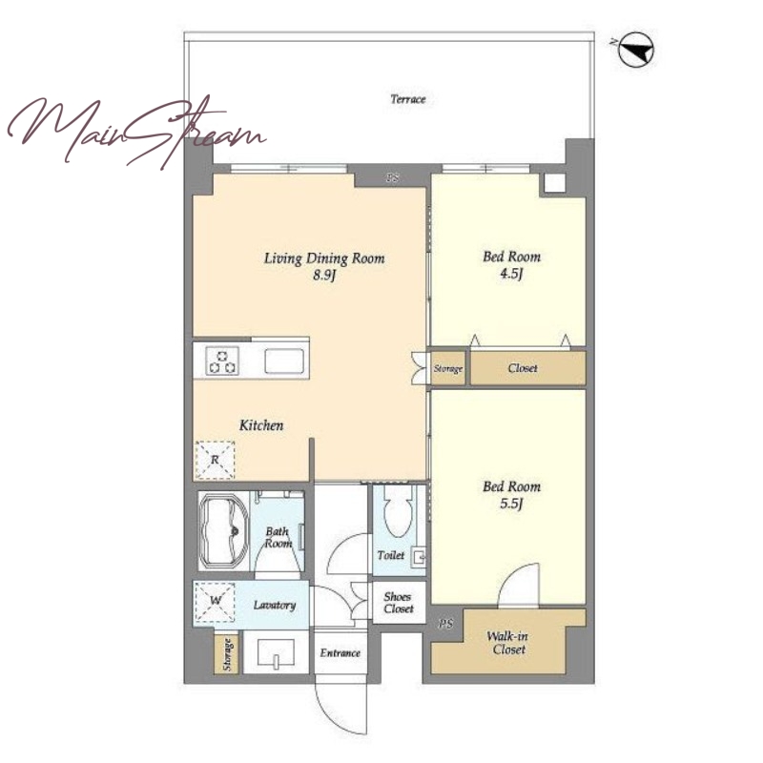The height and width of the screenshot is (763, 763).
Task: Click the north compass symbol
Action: [636, 50]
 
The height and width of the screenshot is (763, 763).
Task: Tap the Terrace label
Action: [408, 99]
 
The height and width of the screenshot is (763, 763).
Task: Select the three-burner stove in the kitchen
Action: [223, 361]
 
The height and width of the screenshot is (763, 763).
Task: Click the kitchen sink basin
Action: [284, 361]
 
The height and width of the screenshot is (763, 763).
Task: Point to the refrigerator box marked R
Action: [215, 460]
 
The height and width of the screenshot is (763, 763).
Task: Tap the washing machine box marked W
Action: [215, 602]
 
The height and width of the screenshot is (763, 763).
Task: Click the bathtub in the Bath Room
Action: [225, 531]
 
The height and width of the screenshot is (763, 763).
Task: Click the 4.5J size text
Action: [511, 274]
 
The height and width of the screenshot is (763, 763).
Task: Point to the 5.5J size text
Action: [511, 504]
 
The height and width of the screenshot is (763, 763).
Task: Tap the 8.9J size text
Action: [324, 276]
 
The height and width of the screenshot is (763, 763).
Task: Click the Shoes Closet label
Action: [399, 603]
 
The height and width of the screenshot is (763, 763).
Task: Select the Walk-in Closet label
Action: [508, 643]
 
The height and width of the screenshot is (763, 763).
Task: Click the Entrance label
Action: [340, 653]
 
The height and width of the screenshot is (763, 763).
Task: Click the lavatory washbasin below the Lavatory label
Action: [276, 652]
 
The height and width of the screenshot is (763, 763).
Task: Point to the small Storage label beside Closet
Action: [447, 368]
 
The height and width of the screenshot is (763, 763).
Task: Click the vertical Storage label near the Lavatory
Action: [227, 653]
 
